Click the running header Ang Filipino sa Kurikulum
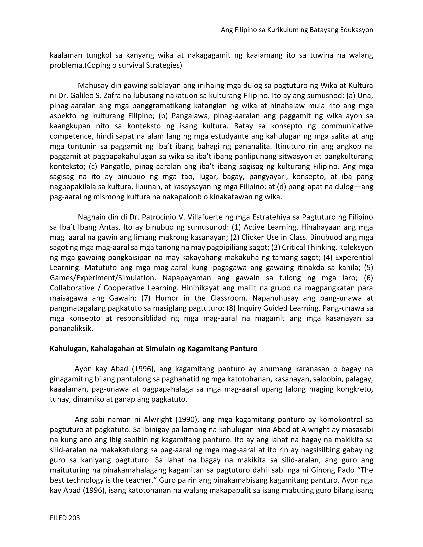click(297, 30)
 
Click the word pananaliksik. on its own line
click(71, 329)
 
